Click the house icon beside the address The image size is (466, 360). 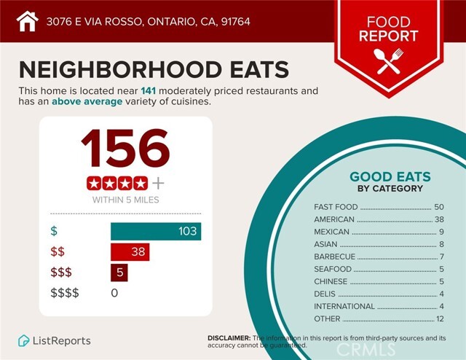click(27, 21)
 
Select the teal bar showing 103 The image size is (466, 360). click(156, 231)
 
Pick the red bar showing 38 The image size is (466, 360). click(130, 252)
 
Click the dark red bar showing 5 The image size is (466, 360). click(119, 273)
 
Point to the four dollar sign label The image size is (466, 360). click(64, 293)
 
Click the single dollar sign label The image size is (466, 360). click(53, 231)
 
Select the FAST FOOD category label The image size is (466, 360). click(336, 207)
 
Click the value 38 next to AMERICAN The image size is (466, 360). click(438, 219)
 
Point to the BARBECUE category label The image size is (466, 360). click(334, 257)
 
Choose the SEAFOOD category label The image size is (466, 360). click(333, 269)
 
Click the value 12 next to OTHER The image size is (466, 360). click(438, 318)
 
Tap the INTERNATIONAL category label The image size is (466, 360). click(344, 306)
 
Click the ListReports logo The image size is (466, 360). click(55, 340)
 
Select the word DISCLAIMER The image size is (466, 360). click(229, 338)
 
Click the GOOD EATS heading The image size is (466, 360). click(390, 176)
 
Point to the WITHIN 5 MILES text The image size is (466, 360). click(125, 199)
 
